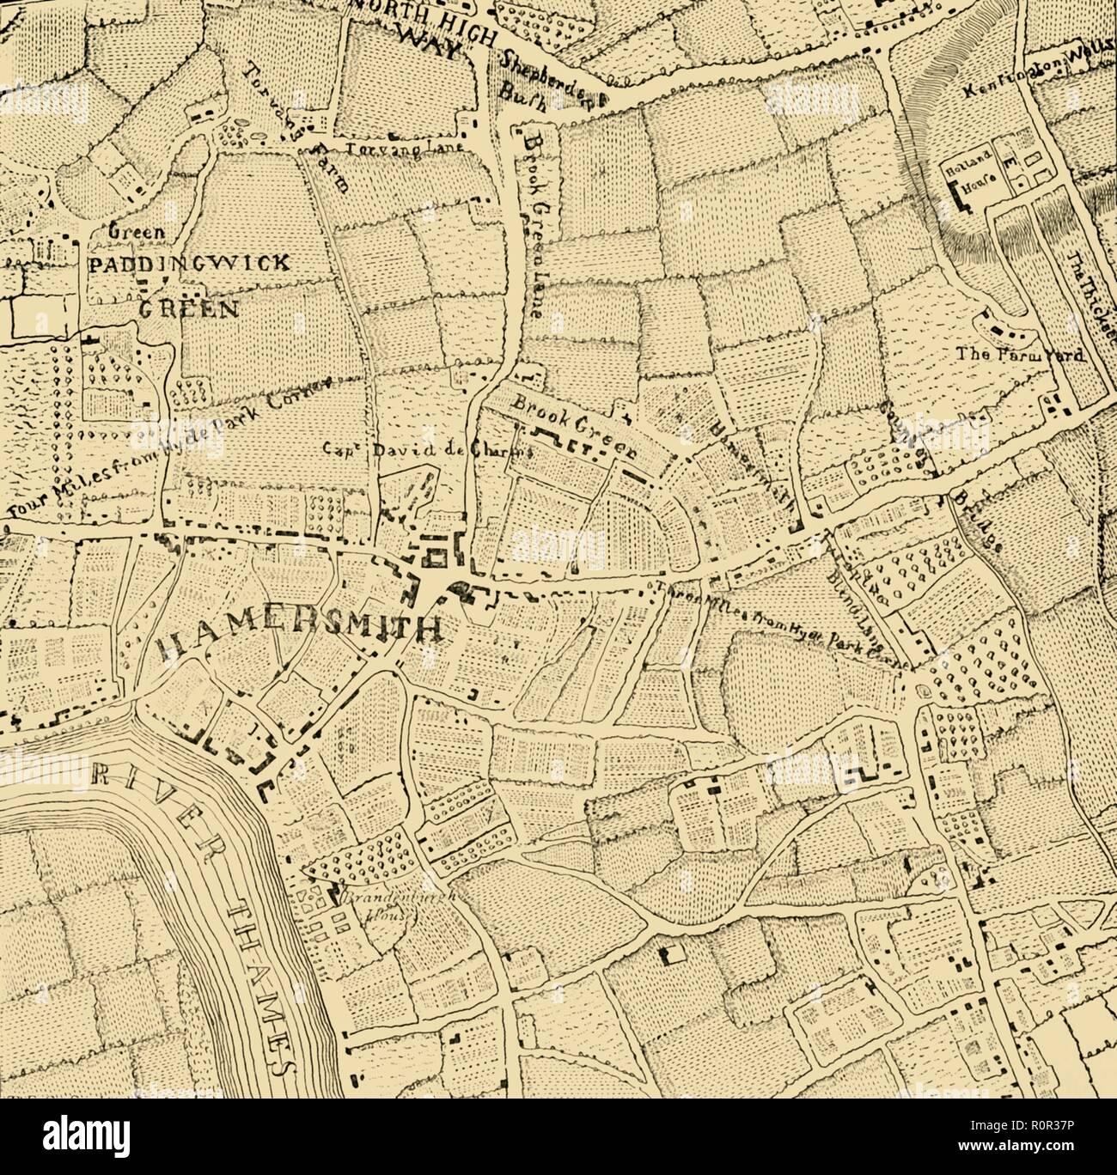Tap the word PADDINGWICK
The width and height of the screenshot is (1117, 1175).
[188, 264]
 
